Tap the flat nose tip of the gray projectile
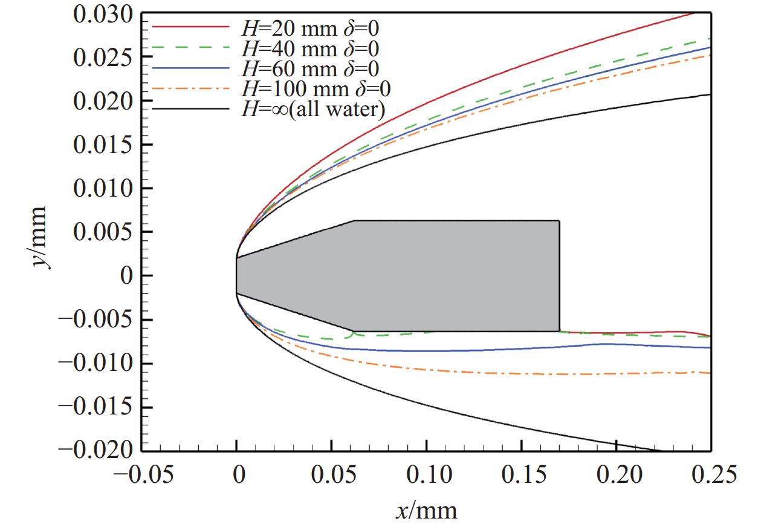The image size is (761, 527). pos(237,276)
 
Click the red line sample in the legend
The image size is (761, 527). pos(190,27)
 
